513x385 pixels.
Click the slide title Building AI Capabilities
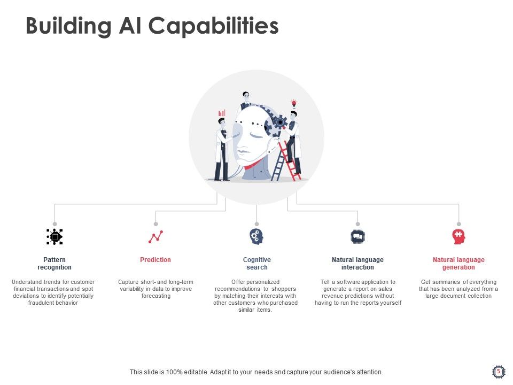[152, 26]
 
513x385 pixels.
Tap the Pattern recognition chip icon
[55, 236]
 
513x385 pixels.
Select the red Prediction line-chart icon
[156, 236]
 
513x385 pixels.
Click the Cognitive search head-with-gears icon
[256, 236]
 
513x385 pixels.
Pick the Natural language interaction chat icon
[357, 236]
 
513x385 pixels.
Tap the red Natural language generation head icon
[458, 236]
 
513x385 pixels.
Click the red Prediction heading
[156, 260]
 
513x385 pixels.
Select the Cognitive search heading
[256, 264]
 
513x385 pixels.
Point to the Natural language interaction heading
[357, 264]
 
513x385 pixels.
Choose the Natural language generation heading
[458, 264]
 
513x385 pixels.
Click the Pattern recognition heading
[55, 264]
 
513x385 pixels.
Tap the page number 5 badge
[498, 371]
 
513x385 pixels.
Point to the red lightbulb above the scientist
[293, 103]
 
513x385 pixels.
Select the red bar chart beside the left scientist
[222, 113]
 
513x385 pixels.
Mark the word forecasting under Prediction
[156, 296]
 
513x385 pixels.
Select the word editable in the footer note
[191, 372]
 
